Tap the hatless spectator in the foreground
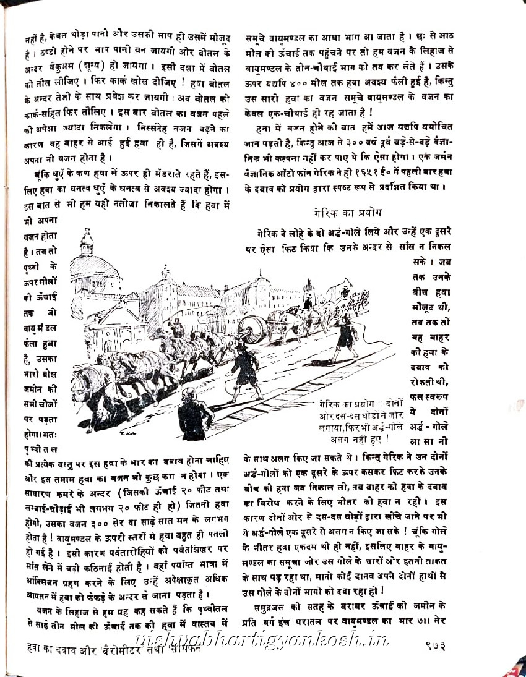(x=196, y=413)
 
